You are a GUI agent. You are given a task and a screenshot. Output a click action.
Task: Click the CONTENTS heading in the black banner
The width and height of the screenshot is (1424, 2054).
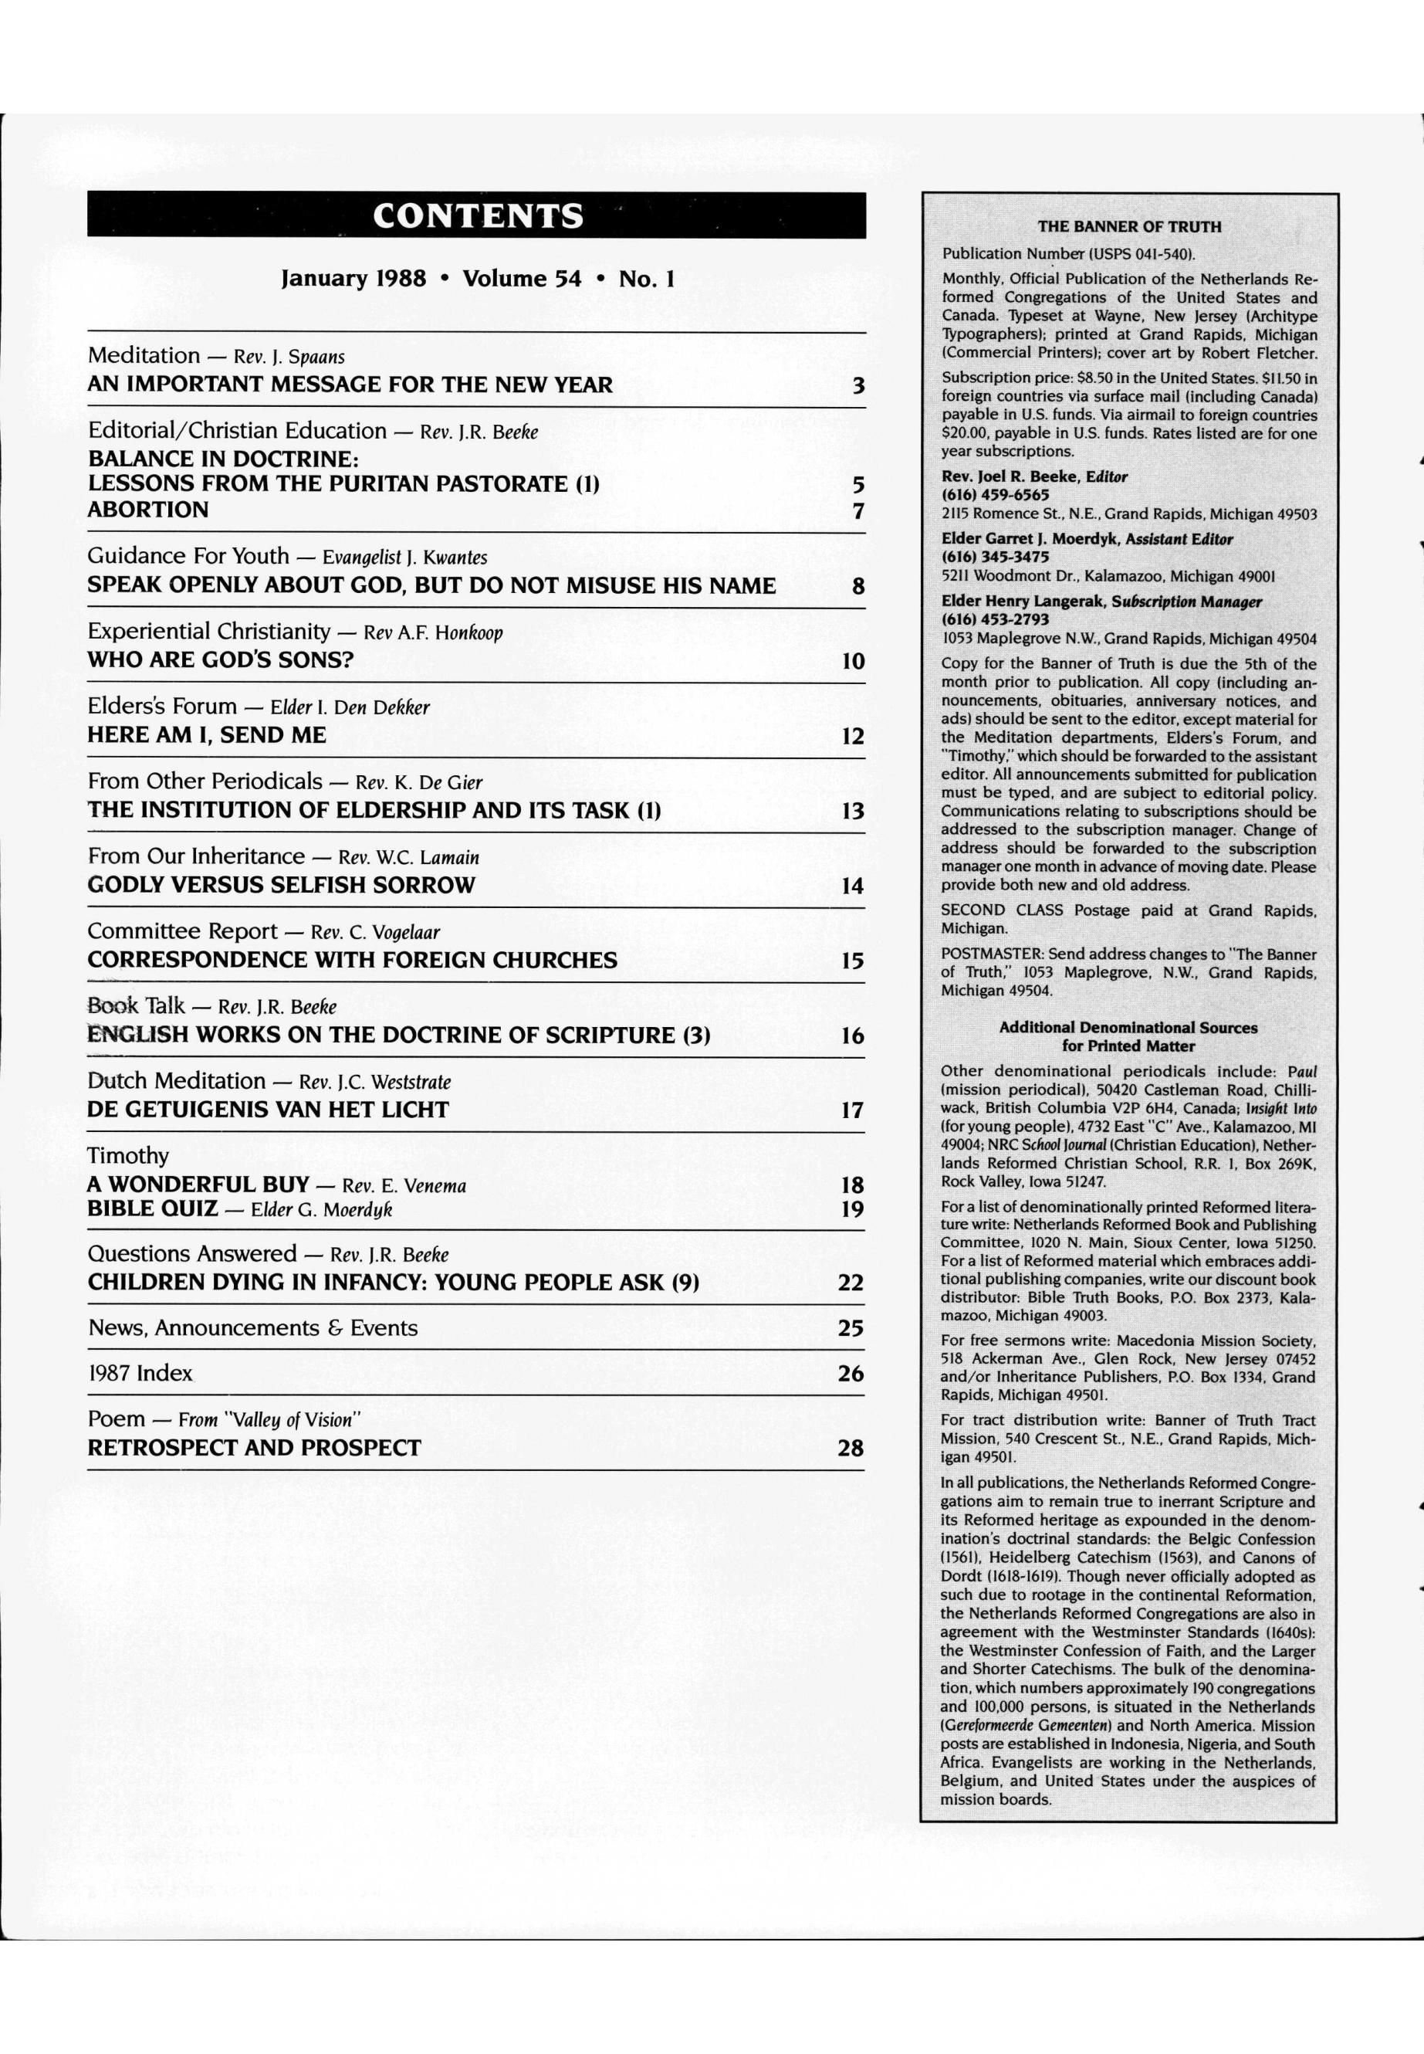(477, 216)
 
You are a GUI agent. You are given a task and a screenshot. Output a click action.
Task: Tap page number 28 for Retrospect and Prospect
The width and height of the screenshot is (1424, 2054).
(851, 1448)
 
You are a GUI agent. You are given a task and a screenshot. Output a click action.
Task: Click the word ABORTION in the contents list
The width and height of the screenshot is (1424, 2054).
(148, 510)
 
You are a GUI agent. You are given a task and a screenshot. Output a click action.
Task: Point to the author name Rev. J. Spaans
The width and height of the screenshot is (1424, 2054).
(289, 357)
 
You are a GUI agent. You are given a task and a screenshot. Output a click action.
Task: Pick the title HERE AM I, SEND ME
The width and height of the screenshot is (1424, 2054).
(207, 736)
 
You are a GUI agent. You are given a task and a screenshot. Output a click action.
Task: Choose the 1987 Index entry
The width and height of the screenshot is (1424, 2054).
(140, 1373)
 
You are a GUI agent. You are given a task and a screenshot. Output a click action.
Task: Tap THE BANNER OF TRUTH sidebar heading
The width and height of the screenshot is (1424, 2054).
(1128, 227)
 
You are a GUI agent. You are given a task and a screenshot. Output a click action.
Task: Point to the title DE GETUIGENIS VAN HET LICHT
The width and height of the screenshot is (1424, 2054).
(268, 1110)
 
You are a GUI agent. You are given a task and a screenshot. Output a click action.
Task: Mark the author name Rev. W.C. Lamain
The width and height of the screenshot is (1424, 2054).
(408, 858)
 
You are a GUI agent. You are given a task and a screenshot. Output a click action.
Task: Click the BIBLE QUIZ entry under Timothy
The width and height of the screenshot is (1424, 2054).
(153, 1208)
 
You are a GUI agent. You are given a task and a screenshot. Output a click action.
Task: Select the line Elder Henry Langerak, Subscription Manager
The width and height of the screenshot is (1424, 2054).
(1102, 602)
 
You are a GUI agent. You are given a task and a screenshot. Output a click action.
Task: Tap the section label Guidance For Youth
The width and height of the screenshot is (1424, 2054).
(188, 556)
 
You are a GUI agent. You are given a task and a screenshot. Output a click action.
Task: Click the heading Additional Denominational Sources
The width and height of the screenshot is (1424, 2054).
(1128, 1028)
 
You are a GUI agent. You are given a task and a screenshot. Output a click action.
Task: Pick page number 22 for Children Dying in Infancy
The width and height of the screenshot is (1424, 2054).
(851, 1283)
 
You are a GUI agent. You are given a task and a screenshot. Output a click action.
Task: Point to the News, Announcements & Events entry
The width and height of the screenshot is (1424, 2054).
(252, 1328)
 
